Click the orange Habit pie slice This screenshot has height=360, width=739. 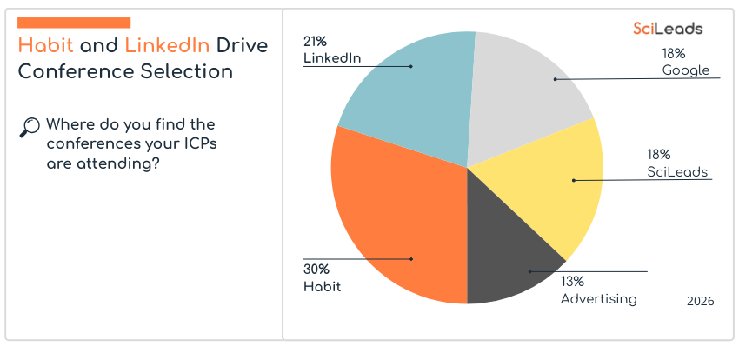pyautogui.click(x=391, y=226)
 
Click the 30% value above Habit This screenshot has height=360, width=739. pyautogui.click(x=316, y=269)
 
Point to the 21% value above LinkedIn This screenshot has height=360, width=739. pyautogui.click(x=315, y=41)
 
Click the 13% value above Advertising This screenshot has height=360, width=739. pyautogui.click(x=572, y=282)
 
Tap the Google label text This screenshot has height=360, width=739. pyautogui.click(x=686, y=70)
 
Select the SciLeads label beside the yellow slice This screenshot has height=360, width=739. pyautogui.click(x=678, y=171)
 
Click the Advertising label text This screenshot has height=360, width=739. pyautogui.click(x=598, y=299)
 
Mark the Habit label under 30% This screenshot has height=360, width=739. pyautogui.click(x=322, y=286)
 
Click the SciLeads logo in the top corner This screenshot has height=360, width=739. pyautogui.click(x=668, y=29)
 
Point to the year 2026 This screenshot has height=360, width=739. pyautogui.click(x=700, y=301)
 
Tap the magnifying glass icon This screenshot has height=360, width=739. pyautogui.click(x=29, y=127)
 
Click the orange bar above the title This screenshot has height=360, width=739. pyautogui.click(x=74, y=22)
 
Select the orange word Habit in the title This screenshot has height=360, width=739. pyautogui.click(x=46, y=45)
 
